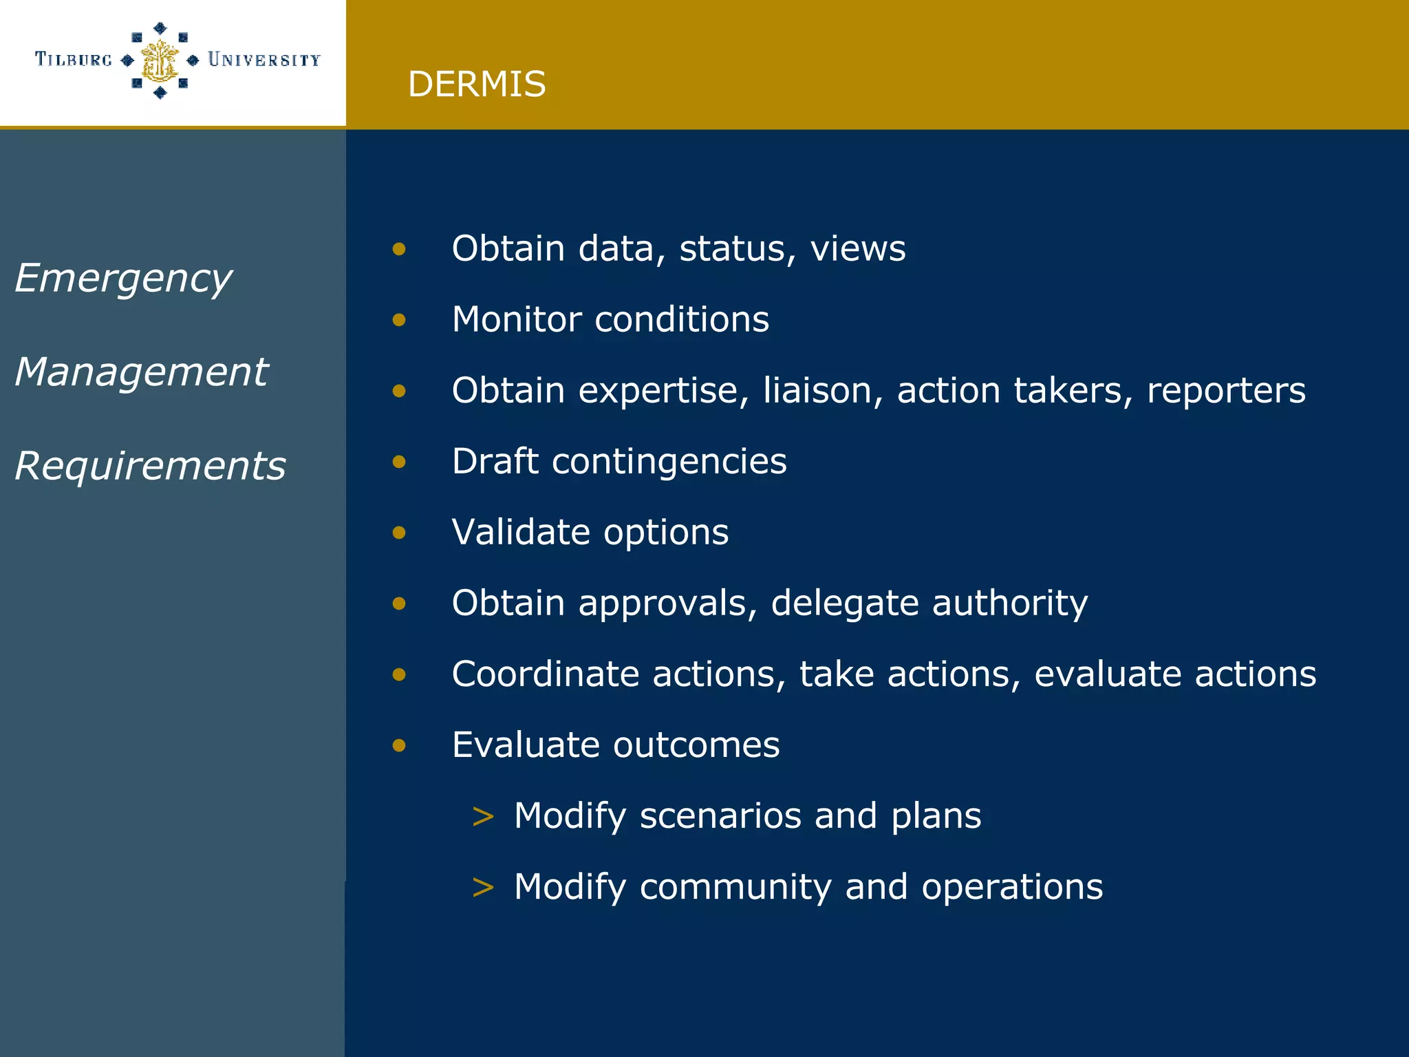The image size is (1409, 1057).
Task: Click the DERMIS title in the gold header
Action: click(x=476, y=85)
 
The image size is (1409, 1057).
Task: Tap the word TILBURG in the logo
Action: click(x=73, y=60)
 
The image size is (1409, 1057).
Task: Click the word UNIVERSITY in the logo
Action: click(x=264, y=60)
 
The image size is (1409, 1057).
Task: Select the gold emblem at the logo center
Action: click(x=160, y=61)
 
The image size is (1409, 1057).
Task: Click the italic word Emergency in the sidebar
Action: click(x=123, y=279)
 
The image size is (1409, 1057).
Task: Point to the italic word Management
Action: click(x=141, y=372)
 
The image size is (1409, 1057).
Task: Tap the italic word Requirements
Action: click(x=150, y=466)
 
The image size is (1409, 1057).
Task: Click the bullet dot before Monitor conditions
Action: click(x=399, y=320)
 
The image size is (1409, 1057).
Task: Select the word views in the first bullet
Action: click(x=857, y=248)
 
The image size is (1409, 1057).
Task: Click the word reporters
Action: click(x=1225, y=391)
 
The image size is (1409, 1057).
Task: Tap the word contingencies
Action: click(x=669, y=461)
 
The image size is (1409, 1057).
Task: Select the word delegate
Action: click(x=844, y=604)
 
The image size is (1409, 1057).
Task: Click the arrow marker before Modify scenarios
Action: click(x=483, y=817)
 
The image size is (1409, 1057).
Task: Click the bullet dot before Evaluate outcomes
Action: click(x=399, y=745)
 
